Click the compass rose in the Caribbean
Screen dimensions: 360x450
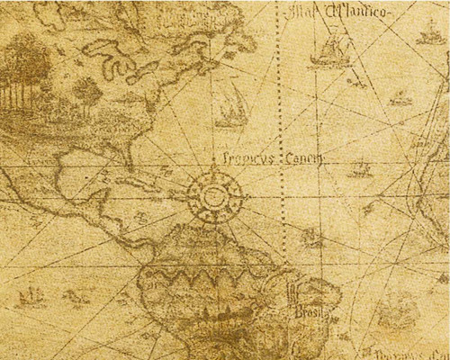212,195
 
